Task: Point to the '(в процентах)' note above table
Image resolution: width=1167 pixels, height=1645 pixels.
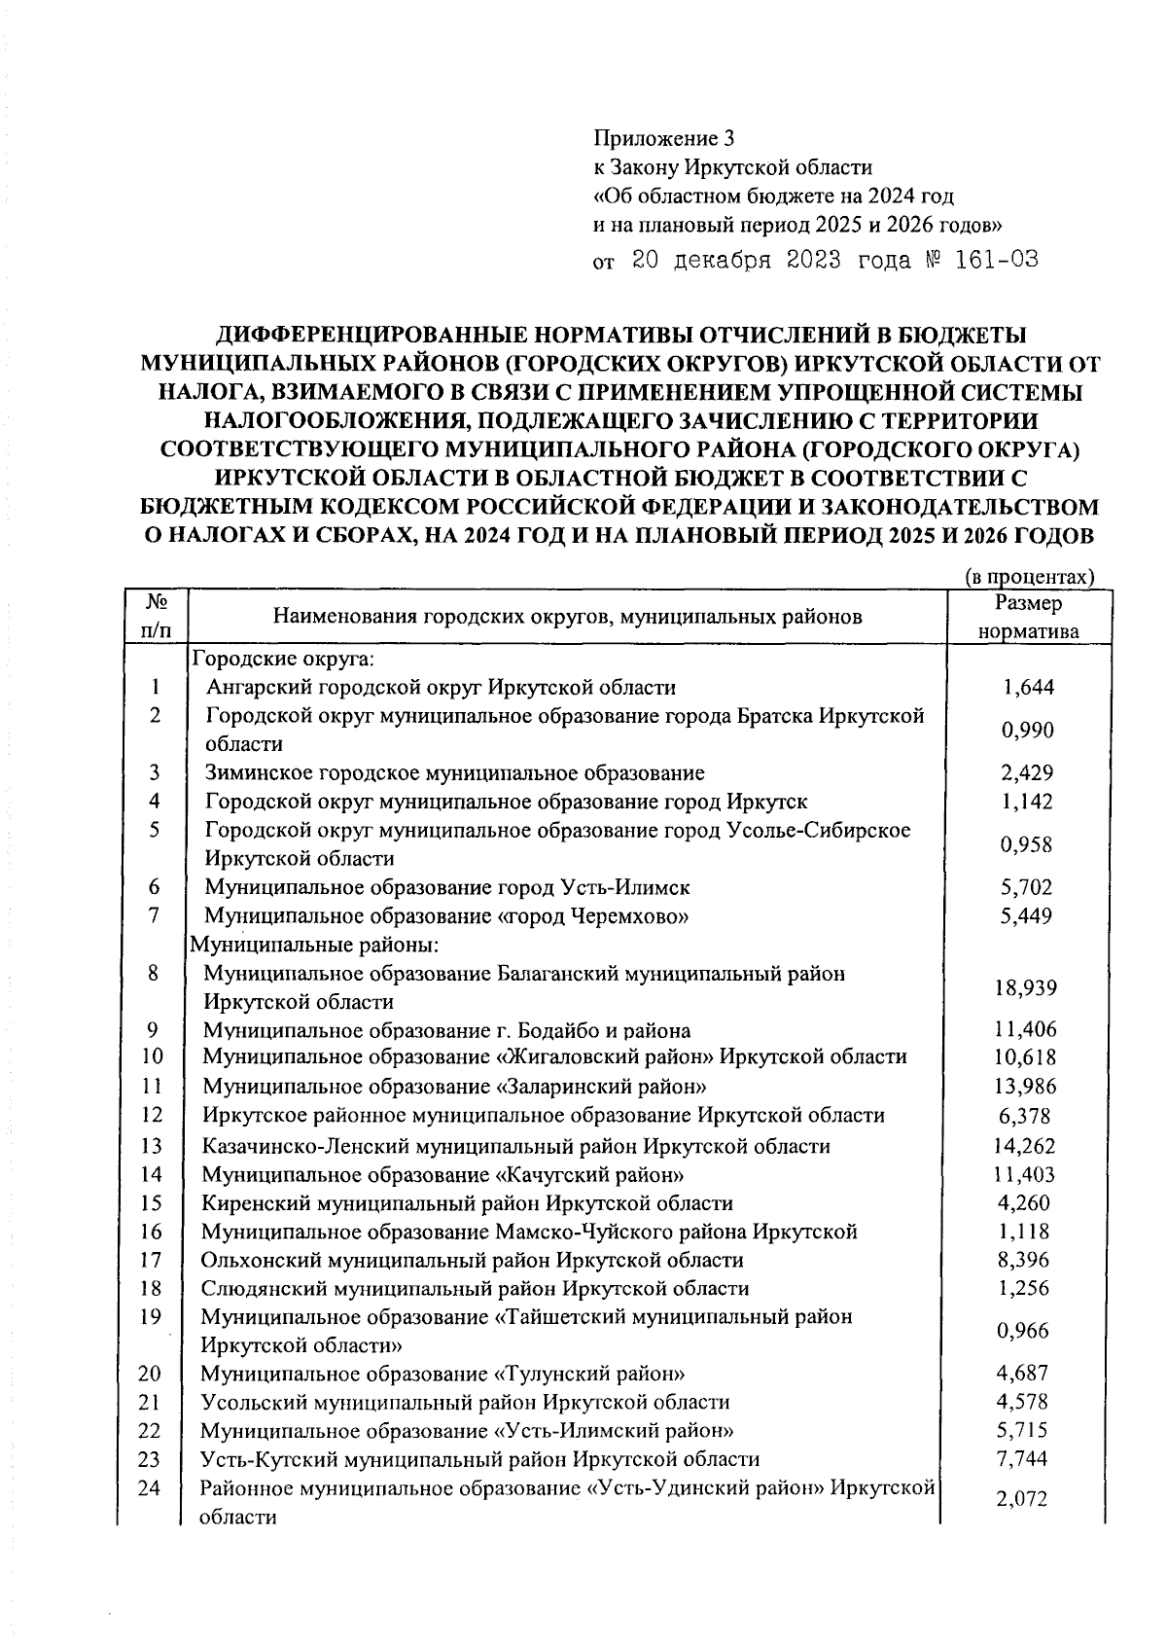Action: point(1029,577)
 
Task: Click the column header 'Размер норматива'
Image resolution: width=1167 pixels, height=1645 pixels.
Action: point(1029,617)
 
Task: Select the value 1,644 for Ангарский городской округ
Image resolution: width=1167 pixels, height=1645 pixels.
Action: point(1028,689)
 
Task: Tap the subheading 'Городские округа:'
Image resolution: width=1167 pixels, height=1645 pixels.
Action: point(282,660)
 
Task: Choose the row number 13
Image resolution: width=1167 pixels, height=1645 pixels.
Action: point(152,1146)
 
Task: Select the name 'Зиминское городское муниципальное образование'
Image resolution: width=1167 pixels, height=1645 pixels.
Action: point(454,773)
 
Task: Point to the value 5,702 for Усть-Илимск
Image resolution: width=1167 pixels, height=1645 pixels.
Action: point(1027,887)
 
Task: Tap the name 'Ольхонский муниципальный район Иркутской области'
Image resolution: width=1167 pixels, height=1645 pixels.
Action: point(472,1261)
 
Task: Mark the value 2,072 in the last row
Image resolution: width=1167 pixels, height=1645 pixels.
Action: point(1021,1499)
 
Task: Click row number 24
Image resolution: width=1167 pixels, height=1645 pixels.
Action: point(149,1488)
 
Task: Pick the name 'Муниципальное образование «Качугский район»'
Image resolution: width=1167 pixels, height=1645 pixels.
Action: point(442,1175)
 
